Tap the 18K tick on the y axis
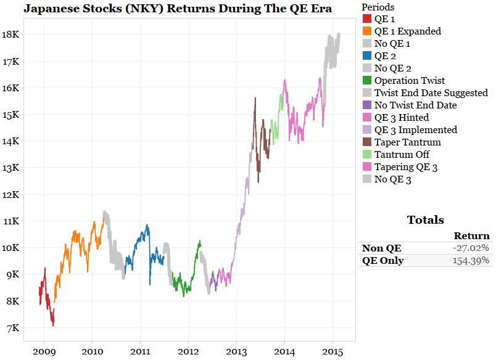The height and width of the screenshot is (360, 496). [13, 35]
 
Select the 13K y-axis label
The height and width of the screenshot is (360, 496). [13, 168]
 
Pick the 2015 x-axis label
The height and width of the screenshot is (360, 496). [332, 351]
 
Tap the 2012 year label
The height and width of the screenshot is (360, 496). [188, 351]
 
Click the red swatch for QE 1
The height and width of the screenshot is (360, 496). [367, 18]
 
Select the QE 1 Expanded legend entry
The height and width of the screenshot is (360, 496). [407, 31]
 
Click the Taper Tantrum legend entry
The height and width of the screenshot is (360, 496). [407, 142]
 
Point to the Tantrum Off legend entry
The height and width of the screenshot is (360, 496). [402, 155]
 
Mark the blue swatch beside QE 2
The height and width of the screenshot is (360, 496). [367, 56]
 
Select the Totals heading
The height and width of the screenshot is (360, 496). [425, 220]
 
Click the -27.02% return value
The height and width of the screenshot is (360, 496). [471, 248]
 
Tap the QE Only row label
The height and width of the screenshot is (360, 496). [382, 261]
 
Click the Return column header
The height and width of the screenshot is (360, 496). [471, 235]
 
